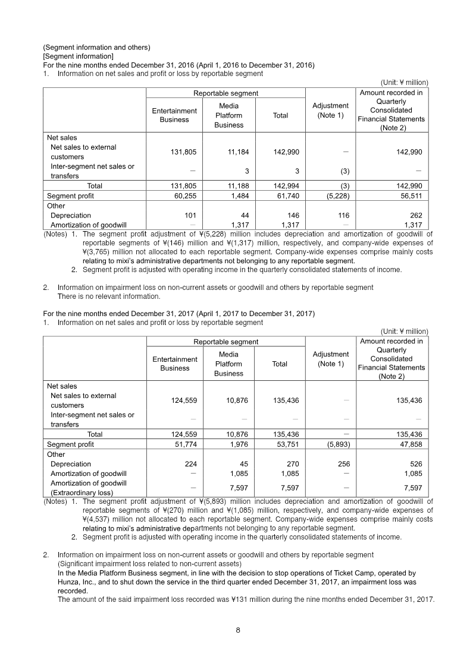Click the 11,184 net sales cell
(238, 152)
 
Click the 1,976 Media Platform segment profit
(238, 444)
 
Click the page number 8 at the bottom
(238, 631)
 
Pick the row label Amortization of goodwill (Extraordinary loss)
(89, 488)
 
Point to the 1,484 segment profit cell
(238, 195)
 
